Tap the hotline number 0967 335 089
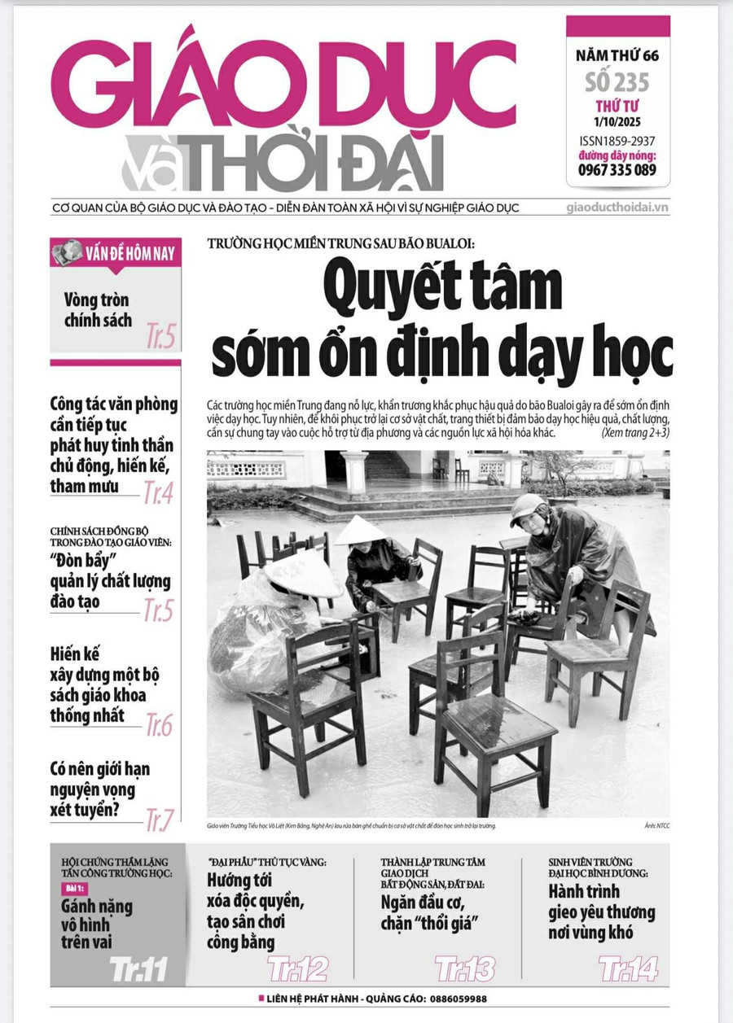tap(617, 170)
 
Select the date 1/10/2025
tap(617, 122)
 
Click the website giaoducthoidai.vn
tap(617, 208)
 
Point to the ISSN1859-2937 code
tap(617, 142)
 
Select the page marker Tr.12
tap(298, 969)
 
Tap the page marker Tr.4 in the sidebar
tap(158, 492)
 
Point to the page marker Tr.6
tap(159, 724)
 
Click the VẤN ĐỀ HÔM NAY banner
tap(115, 254)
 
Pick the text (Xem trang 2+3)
tap(635, 433)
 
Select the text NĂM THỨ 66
tap(617, 57)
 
